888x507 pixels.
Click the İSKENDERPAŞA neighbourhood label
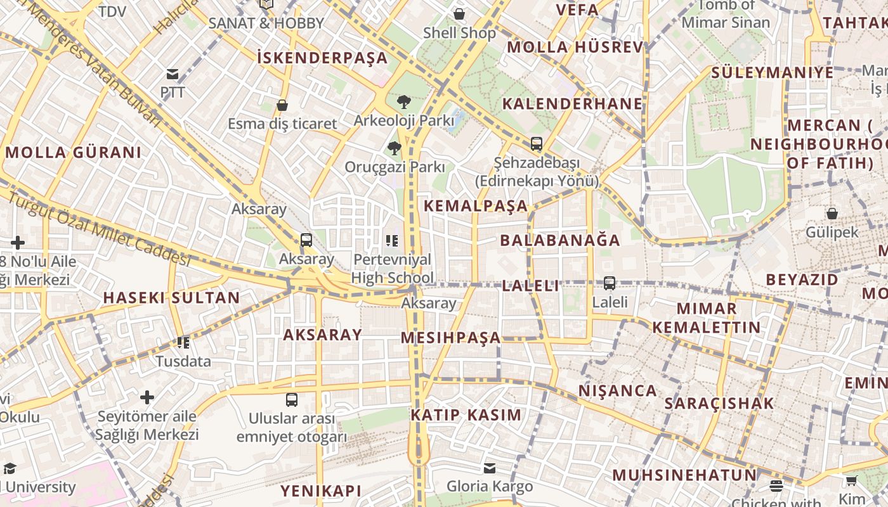322,58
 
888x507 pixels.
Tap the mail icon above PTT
172,74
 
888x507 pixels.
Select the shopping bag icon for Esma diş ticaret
282,105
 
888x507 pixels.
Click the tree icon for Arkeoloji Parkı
403,101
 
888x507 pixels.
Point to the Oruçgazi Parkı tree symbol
395,148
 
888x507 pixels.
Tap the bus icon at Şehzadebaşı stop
537,144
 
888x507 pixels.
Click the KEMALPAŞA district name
476,206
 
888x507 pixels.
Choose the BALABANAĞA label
560,240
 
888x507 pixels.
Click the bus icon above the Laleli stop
610,283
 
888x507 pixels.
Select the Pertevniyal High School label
392,268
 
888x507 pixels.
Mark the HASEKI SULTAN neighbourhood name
171,298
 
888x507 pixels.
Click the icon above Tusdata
183,343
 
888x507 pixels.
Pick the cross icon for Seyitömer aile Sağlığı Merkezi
147,397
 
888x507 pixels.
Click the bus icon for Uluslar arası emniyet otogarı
292,400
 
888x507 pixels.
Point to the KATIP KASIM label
466,415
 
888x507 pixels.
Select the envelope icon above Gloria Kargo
490,468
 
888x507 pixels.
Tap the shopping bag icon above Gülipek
832,214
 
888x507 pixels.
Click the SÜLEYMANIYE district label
772,72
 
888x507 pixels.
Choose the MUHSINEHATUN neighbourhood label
684,475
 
